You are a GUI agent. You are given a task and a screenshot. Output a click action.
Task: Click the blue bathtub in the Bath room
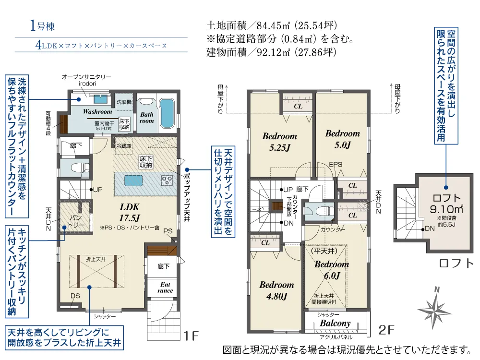click(167, 114)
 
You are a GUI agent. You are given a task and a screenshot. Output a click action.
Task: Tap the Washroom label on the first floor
click(97, 111)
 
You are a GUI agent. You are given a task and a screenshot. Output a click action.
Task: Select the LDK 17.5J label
click(130, 212)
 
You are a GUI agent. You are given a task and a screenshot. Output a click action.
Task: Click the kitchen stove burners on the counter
click(167, 180)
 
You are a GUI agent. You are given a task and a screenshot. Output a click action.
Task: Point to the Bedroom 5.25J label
click(279, 142)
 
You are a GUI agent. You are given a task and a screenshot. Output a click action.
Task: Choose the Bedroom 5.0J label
click(343, 139)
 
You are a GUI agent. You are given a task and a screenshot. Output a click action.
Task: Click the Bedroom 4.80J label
click(276, 290)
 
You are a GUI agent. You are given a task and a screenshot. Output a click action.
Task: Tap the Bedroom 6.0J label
click(332, 270)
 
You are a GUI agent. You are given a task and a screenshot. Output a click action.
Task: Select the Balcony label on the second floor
click(335, 323)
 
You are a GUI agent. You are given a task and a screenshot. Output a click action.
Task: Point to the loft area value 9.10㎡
click(446, 209)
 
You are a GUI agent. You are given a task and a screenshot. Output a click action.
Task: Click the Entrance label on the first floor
click(165, 288)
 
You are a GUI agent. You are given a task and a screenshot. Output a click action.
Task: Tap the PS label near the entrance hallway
click(168, 231)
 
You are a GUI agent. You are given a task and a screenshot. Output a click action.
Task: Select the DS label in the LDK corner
click(75, 296)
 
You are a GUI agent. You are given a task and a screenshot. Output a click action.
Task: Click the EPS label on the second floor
click(336, 164)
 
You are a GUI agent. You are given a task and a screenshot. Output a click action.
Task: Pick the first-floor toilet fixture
click(80, 168)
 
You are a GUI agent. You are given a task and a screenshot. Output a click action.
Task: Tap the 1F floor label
click(192, 336)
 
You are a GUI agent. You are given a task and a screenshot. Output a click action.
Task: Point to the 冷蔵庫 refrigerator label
click(124, 146)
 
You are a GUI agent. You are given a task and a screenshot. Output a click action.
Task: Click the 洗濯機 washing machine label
click(124, 102)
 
